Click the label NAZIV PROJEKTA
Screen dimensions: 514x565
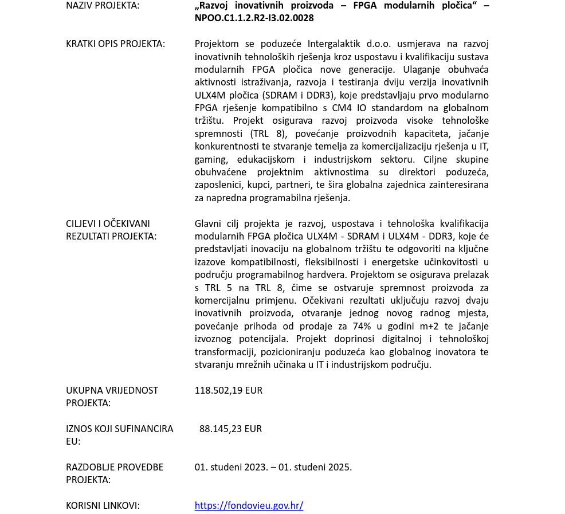pyautogui.click(x=102, y=6)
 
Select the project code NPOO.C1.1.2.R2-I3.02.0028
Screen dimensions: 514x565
pyautogui.click(x=254, y=18)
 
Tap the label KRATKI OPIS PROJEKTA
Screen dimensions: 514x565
pyautogui.click(x=115, y=44)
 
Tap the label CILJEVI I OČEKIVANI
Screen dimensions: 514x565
pyautogui.click(x=108, y=223)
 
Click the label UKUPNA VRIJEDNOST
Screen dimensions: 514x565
pyautogui.click(x=112, y=390)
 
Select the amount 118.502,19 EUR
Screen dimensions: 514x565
pyautogui.click(x=228, y=390)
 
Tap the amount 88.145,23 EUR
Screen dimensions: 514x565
pyautogui.click(x=230, y=429)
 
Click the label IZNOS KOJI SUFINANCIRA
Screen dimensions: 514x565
pyautogui.click(x=119, y=429)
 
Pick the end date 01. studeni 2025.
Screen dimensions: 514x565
pyautogui.click(x=315, y=467)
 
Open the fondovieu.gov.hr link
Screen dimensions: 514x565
pyautogui.click(x=249, y=505)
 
